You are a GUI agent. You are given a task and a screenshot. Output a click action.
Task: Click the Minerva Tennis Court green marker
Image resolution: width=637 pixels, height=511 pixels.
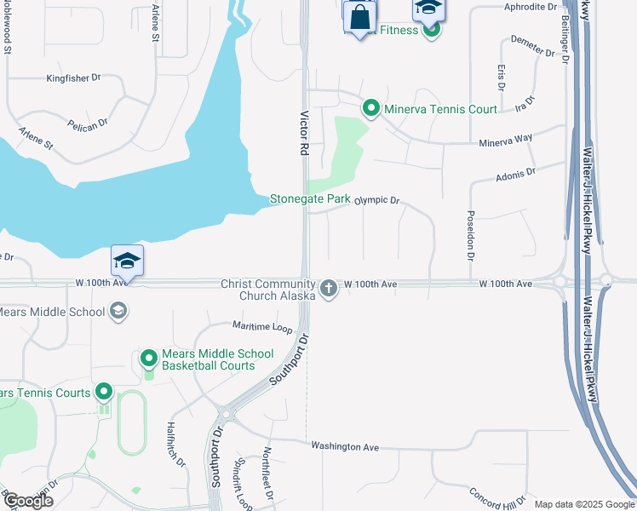[371, 109]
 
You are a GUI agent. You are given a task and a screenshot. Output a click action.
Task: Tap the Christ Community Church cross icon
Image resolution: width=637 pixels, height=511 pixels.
[330, 290]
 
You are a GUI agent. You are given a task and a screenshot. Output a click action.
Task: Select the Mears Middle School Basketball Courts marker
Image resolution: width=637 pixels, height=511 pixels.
[149, 359]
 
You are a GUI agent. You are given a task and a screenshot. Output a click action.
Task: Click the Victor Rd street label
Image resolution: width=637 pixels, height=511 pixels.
[304, 132]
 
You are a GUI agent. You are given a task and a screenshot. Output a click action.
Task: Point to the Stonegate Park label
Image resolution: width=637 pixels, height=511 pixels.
[310, 199]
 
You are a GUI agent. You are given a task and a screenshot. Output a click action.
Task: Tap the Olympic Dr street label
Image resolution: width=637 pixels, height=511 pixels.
[376, 200]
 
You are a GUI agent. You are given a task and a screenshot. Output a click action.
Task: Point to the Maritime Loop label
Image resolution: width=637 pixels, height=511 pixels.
[262, 327]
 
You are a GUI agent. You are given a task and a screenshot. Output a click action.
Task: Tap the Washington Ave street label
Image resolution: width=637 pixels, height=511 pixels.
[345, 446]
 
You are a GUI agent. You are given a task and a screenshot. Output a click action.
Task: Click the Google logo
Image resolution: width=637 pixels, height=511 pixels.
[28, 501]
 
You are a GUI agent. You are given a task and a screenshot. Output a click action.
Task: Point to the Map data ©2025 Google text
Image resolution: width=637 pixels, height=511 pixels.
[583, 504]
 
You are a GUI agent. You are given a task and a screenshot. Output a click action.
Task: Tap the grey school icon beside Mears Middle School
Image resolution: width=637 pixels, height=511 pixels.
[119, 313]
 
